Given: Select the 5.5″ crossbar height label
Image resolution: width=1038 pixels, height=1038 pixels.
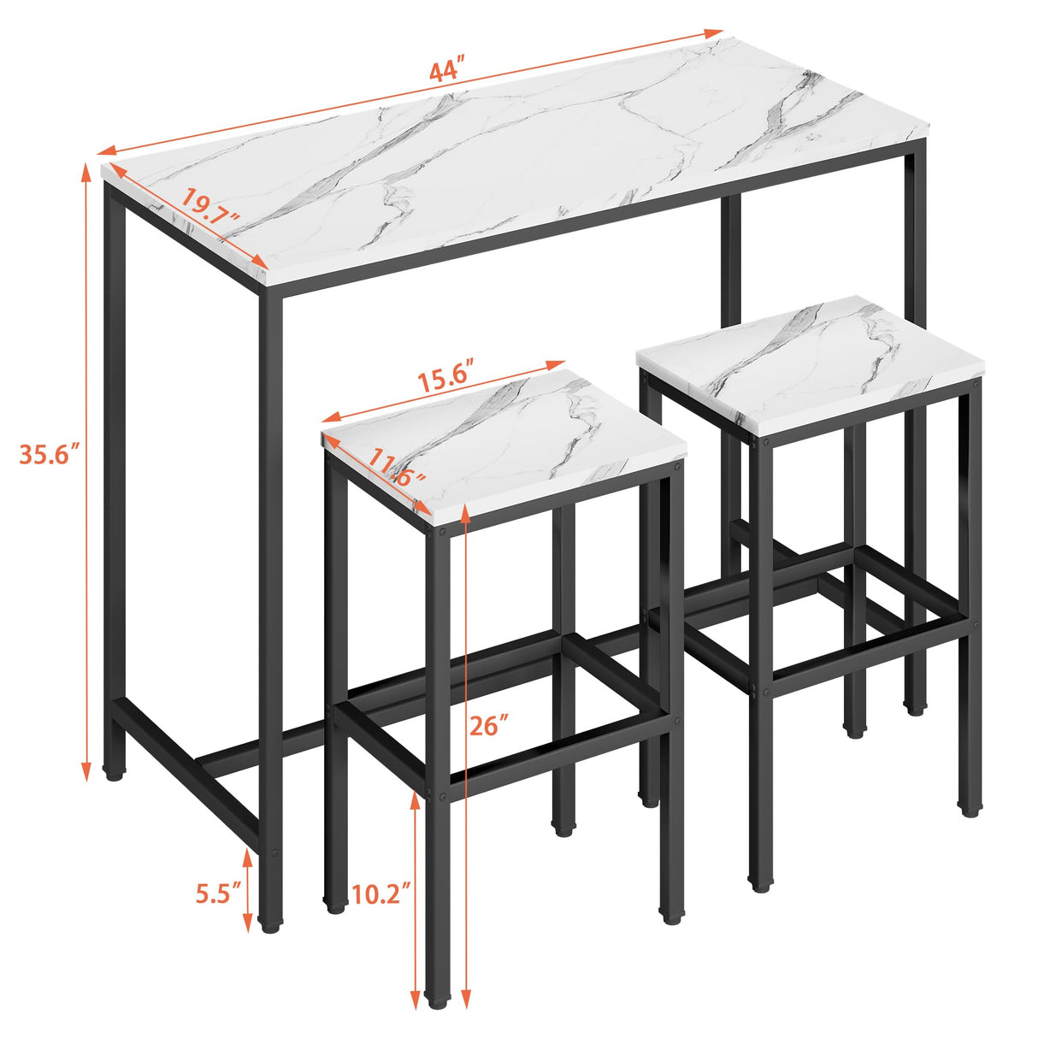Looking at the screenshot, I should click(213, 895).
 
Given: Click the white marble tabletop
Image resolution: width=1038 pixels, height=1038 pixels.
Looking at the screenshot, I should click(513, 162).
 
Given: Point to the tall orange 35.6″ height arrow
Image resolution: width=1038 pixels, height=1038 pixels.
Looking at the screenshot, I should click(86, 470).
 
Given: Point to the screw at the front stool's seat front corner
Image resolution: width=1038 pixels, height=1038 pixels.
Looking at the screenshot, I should click(442, 530).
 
